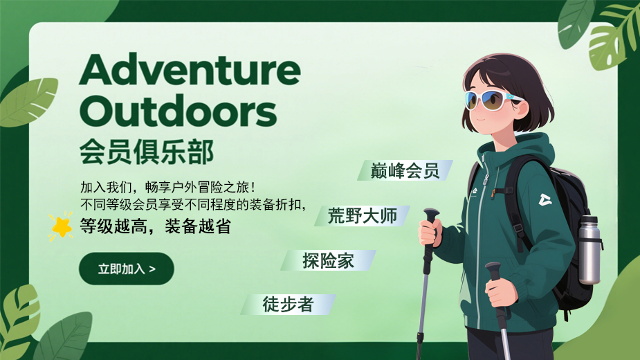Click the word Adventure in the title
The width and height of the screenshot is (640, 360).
point(190,69)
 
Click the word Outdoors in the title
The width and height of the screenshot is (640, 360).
point(179,111)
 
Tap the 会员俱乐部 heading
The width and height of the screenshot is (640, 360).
point(147,152)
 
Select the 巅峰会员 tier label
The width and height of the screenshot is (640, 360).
point(405,170)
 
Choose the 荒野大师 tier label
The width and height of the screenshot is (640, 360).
point(363,216)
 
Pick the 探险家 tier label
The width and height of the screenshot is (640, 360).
point(328,261)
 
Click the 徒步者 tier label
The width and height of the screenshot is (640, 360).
point(288,305)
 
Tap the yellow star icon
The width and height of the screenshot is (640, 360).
point(61,226)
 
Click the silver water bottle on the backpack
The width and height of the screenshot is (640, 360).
point(589,250)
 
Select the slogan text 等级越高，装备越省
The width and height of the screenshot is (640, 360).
point(156,226)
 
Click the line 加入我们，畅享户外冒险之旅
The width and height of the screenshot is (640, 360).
point(167,187)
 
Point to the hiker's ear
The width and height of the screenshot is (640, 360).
point(522,109)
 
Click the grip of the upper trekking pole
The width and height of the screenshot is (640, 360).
point(430,230)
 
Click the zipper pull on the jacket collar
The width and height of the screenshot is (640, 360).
point(486,179)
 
